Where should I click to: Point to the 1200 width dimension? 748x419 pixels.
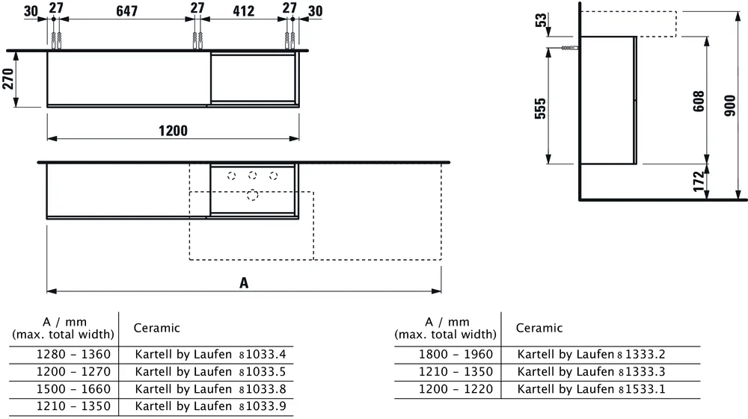[x=173, y=131]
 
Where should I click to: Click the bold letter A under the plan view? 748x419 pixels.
[x=243, y=282]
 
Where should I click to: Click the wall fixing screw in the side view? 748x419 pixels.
[x=570, y=49]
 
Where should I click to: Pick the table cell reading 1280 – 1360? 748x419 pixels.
[x=73, y=354]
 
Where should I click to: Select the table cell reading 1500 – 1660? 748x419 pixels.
[x=73, y=389]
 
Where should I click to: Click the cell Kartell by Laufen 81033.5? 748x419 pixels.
[x=210, y=371]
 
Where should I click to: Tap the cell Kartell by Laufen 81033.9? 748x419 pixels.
[x=210, y=407]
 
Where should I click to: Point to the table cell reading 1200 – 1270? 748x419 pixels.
[x=73, y=371]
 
